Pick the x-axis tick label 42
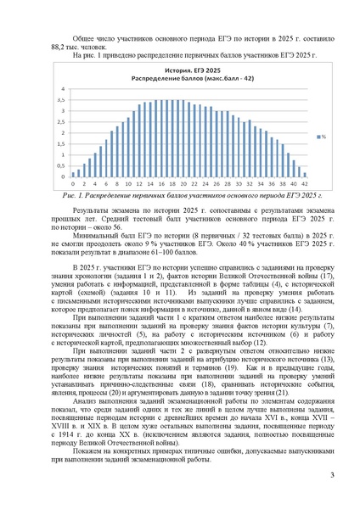click(292, 182)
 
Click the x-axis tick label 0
click(74, 182)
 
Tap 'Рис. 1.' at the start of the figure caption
click(76, 194)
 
